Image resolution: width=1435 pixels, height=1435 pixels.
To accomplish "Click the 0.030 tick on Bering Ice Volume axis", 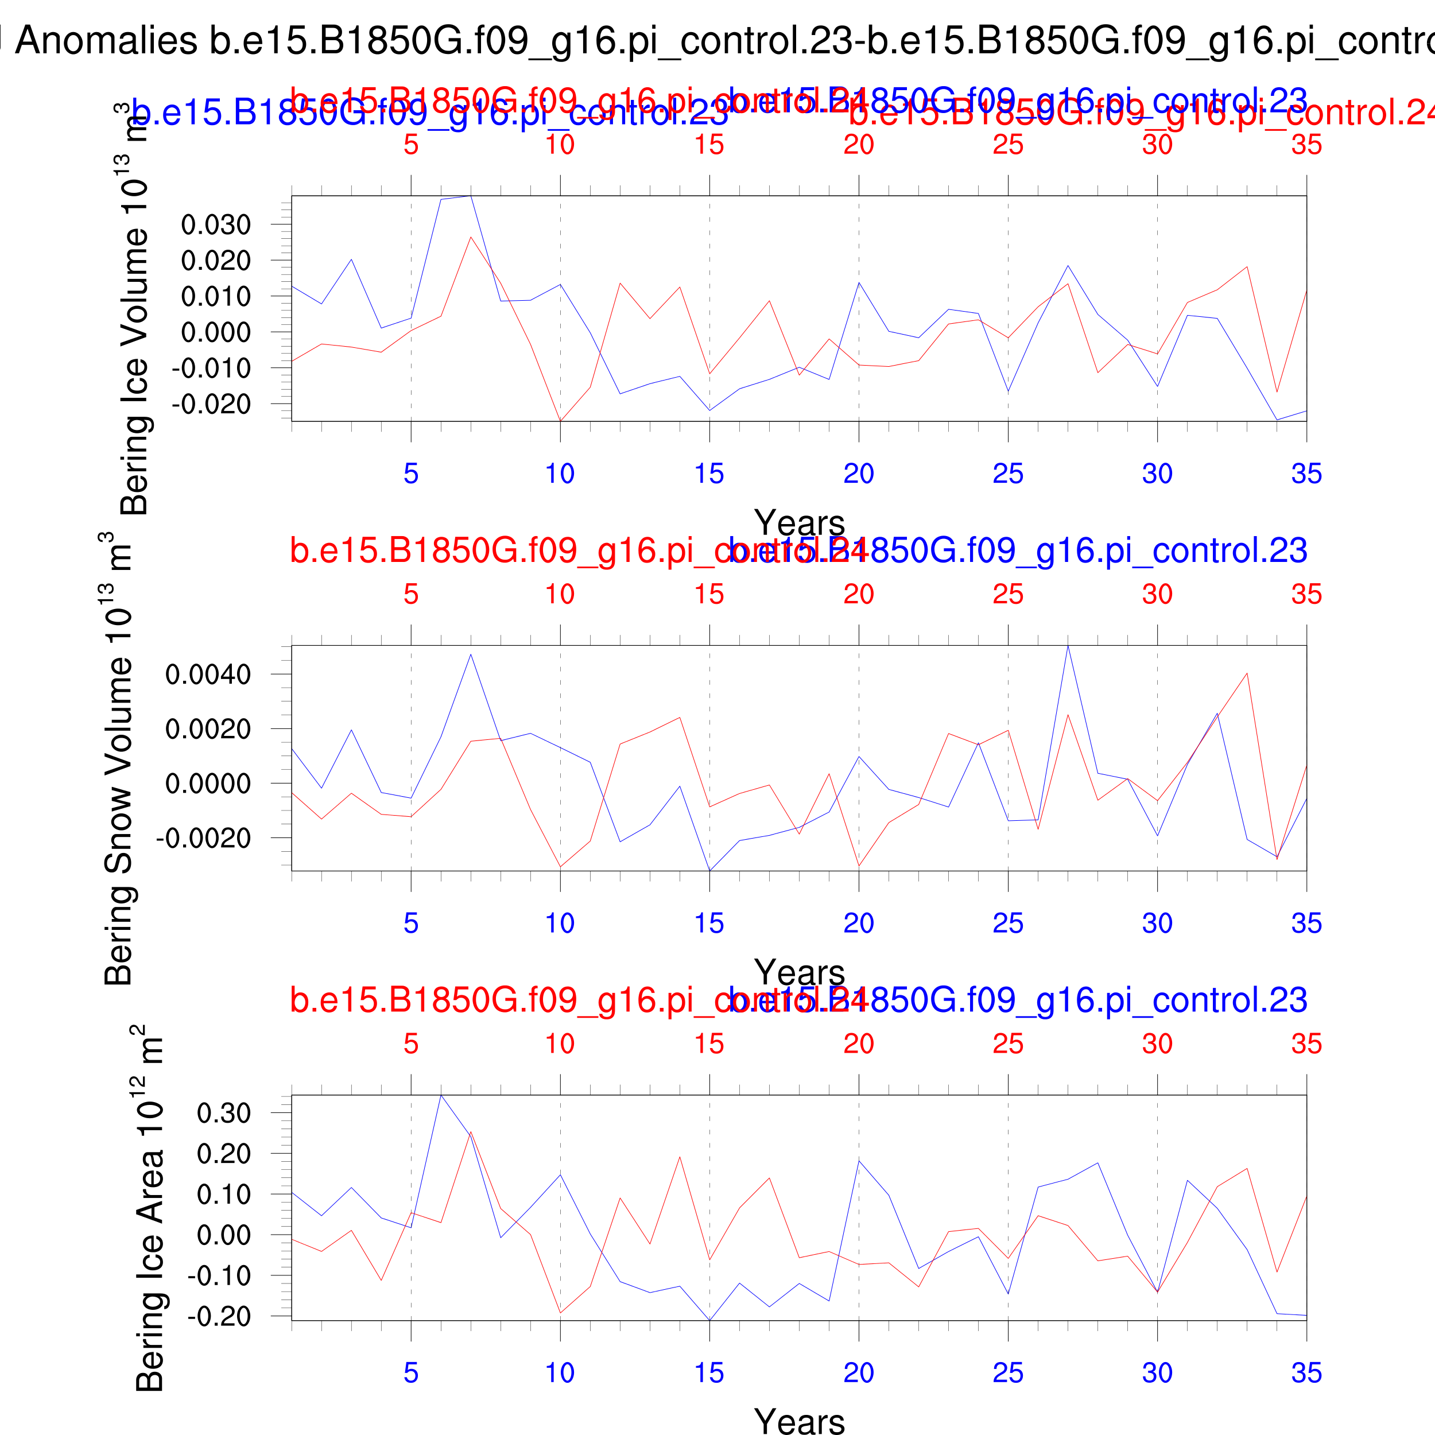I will click(215, 224).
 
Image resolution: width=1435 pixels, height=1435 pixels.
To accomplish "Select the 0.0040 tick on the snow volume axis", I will click(208, 674).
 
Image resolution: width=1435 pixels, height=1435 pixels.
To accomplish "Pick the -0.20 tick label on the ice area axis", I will click(219, 1316).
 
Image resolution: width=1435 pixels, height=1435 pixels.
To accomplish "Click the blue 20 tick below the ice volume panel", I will click(859, 474).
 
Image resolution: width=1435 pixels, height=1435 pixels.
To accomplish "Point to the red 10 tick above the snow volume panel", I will click(560, 594).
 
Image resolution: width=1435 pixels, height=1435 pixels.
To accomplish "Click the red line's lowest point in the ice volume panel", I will click(560, 421).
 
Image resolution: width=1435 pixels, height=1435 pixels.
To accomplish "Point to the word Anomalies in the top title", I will click(106, 41).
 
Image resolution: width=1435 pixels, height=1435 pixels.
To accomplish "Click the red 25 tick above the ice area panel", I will click(1008, 1044).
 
